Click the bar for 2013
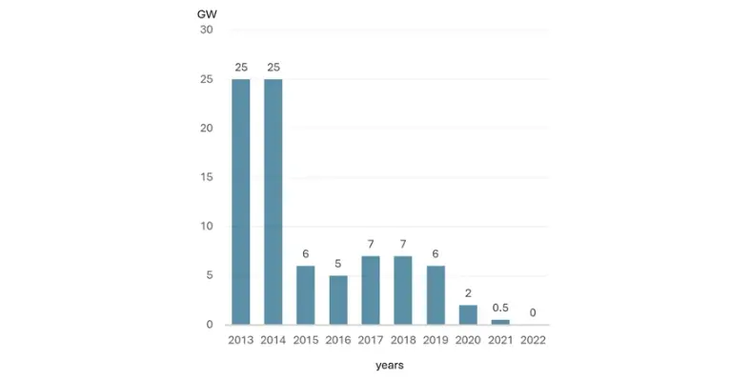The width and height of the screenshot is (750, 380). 241,201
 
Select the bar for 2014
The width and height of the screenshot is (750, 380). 274,201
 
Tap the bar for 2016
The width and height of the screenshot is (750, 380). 338,300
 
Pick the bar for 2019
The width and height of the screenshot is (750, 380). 436,295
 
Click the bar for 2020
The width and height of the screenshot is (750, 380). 468,315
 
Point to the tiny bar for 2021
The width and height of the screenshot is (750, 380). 500,322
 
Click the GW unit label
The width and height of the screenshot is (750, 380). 206,14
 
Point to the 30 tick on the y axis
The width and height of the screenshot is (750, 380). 207,30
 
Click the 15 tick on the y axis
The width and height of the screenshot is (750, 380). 207,177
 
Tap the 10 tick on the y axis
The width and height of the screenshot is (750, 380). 207,227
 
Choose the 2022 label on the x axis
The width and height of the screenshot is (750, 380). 533,339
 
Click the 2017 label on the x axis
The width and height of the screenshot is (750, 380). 371,339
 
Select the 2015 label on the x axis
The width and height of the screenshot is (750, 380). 306,339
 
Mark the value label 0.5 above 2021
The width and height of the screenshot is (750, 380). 500,308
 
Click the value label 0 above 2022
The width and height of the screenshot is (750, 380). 533,312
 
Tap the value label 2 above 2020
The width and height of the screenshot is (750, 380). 468,292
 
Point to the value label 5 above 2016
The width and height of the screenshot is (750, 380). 338,263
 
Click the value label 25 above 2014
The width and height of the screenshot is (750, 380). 274,67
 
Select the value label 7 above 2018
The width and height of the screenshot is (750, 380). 403,244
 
